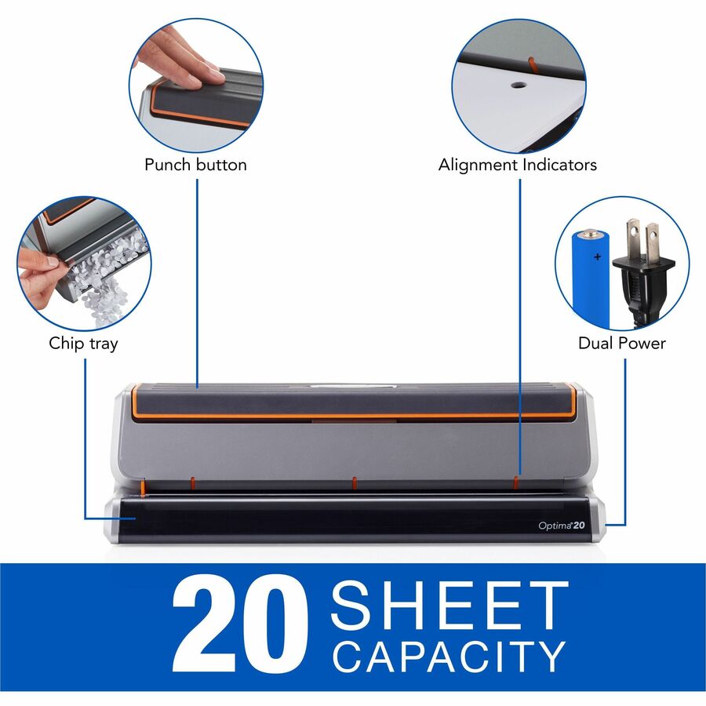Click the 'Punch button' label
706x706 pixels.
(x=195, y=165)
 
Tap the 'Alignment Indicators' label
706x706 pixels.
(x=518, y=165)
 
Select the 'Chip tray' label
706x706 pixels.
(x=83, y=344)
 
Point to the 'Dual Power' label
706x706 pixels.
(x=622, y=343)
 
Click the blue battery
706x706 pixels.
(x=591, y=279)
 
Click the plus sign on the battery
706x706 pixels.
(x=597, y=257)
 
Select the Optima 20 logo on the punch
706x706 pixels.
(x=562, y=526)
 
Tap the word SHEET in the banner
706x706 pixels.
(x=449, y=605)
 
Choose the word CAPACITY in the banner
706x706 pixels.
(x=449, y=657)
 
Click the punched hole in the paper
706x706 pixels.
(x=519, y=85)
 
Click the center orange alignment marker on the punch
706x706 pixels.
(x=355, y=482)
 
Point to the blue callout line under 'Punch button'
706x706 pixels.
(x=197, y=283)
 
